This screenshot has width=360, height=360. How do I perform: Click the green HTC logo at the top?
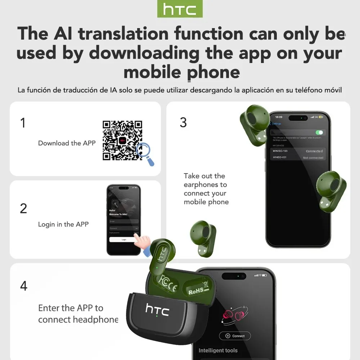[x=180, y=9]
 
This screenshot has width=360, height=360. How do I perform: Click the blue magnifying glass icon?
[x=146, y=153]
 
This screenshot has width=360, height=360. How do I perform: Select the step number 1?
[x=23, y=123]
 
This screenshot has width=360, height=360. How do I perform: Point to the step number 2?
[x=23, y=208]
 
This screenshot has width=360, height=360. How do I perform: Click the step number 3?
[x=183, y=122]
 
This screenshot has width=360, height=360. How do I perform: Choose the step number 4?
[x=24, y=286]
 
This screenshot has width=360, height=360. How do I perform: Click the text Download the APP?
[x=67, y=143]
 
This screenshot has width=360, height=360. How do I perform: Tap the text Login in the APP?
[x=63, y=224]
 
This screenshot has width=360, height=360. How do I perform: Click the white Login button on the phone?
[x=123, y=239]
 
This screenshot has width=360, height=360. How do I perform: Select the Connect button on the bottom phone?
[x=235, y=336]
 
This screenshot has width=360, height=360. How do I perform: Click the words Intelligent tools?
[x=218, y=350]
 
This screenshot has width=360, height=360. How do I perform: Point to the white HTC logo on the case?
[x=157, y=309]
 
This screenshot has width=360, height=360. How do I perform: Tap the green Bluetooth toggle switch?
[x=319, y=132]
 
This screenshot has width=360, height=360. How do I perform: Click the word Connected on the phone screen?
[x=314, y=151]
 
